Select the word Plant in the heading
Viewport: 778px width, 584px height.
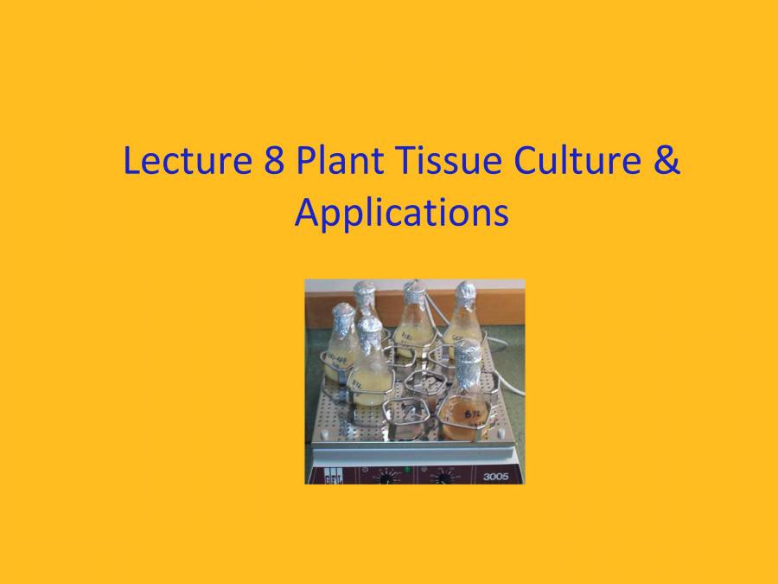pyautogui.click(x=332, y=162)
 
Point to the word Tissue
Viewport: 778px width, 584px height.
pyautogui.click(x=435, y=162)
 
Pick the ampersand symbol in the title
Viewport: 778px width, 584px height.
pyautogui.click(x=666, y=162)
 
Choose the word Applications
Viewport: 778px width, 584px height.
pyautogui.click(x=400, y=213)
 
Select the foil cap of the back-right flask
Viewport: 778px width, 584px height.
pyautogui.click(x=465, y=297)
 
